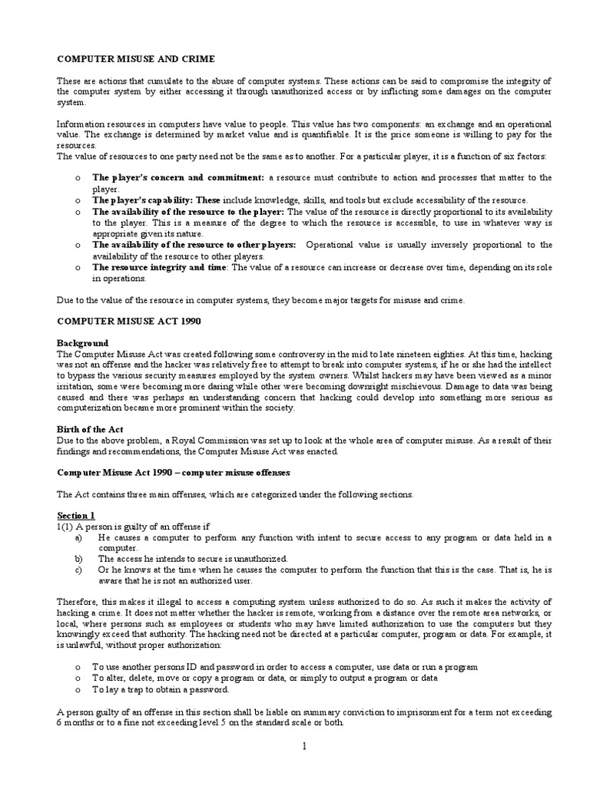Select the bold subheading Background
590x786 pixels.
click(x=83, y=342)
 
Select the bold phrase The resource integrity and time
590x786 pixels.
click(x=160, y=266)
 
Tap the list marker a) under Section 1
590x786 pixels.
click(x=79, y=537)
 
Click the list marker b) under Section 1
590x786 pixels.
click(x=79, y=559)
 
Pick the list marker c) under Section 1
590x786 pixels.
click(x=79, y=570)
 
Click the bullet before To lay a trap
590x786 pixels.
click(x=78, y=689)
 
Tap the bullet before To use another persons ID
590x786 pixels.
click(x=78, y=667)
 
